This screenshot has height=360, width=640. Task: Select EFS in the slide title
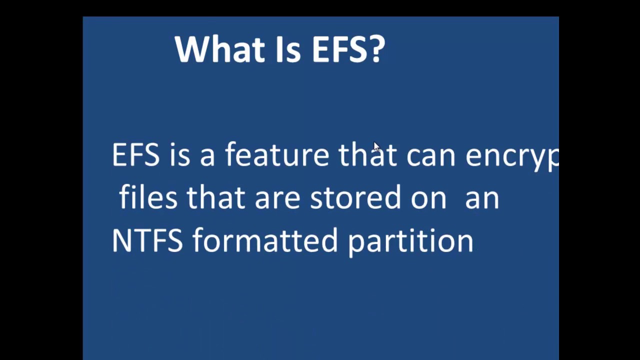(339, 49)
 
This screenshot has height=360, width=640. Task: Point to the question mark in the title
(378, 49)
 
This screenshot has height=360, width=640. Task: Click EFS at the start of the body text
(135, 155)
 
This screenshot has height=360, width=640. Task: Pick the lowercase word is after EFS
(179, 155)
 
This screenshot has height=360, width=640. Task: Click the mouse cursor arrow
(376, 146)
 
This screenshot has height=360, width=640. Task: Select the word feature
(277, 155)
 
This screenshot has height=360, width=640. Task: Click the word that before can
(367, 155)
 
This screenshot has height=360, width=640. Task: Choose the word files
(148, 197)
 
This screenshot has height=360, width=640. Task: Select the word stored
(355, 197)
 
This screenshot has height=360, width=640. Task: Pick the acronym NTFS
(147, 240)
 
